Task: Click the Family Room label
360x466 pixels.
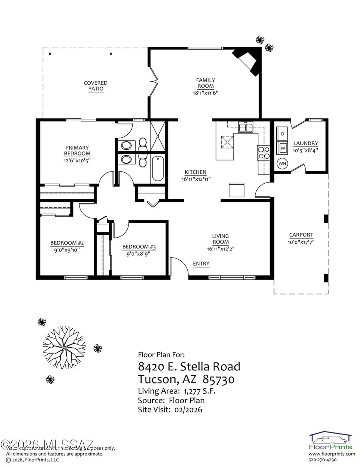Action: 205,83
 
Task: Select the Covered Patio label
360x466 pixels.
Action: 96,86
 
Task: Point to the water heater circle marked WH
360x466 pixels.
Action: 282,163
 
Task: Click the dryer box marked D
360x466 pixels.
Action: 282,133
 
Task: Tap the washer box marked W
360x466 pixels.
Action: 282,147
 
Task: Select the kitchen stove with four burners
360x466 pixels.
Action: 263,152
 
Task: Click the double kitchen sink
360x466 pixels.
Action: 245,128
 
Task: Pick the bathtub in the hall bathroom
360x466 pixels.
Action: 157,170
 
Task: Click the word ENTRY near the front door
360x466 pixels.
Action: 201,264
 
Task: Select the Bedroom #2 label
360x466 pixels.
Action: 67,243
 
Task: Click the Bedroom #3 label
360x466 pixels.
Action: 139,246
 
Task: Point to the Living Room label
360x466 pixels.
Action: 220,239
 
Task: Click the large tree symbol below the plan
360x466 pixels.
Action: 64,344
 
